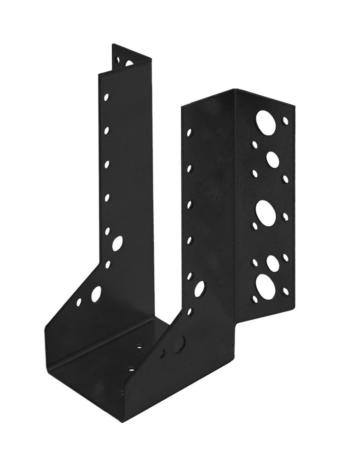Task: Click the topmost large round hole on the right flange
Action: [x=266, y=122]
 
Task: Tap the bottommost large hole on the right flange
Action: [x=266, y=286]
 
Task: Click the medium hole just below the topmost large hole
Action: [x=273, y=159]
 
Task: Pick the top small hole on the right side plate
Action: [x=190, y=133]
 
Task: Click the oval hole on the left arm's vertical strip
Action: [x=117, y=243]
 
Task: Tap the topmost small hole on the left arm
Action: [x=106, y=97]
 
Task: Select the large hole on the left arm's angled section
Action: [x=97, y=294]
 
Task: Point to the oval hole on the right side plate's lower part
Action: [x=199, y=289]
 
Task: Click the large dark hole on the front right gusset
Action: [x=179, y=344]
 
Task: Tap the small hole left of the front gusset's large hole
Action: [x=162, y=354]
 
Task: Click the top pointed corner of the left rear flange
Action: [x=113, y=44]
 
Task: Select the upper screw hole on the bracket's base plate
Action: [x=139, y=347]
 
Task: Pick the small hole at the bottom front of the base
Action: [x=122, y=392]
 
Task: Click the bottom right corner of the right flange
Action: [x=293, y=311]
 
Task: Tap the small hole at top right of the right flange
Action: [x=285, y=120]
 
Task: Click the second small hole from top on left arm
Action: [x=106, y=131]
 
